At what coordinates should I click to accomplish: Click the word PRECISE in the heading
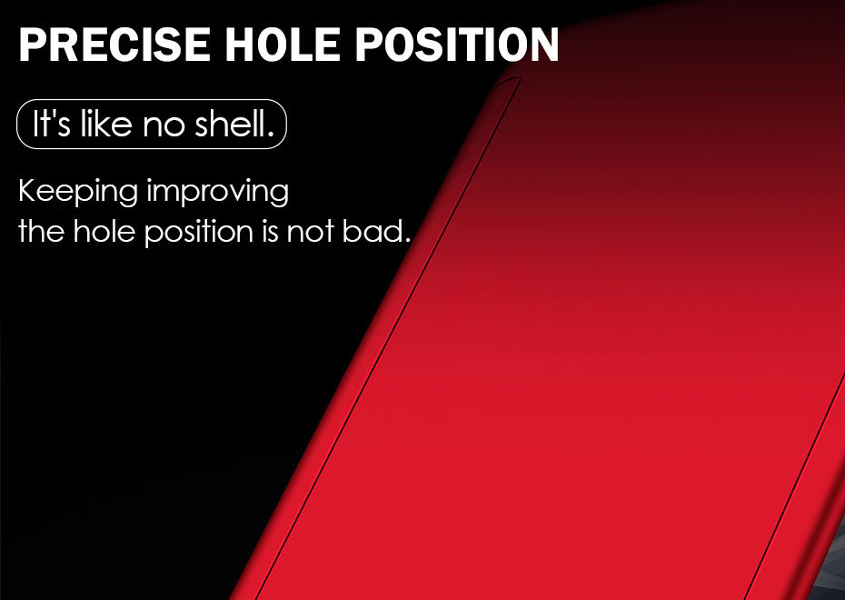(x=114, y=45)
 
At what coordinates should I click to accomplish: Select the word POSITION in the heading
(x=457, y=45)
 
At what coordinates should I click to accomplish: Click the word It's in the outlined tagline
(x=52, y=124)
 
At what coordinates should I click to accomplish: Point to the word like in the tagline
(x=106, y=123)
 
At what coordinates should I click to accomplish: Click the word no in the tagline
(x=164, y=127)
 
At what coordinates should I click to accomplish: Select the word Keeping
(x=77, y=193)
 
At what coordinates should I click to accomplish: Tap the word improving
(x=218, y=193)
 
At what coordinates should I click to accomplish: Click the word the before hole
(x=41, y=231)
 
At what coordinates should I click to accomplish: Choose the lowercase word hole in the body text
(x=104, y=231)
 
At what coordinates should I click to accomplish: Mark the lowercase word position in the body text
(x=199, y=234)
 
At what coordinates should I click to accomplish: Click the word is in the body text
(x=271, y=231)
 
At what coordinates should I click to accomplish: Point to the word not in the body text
(x=310, y=233)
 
